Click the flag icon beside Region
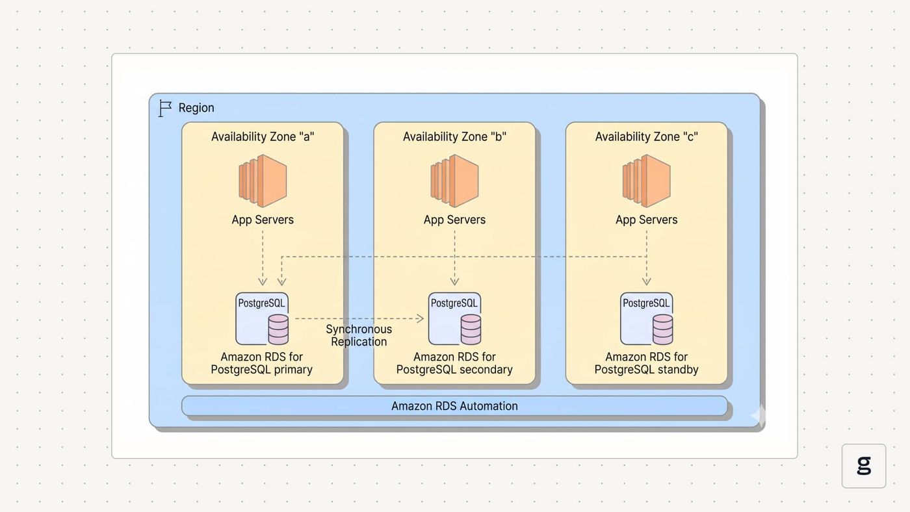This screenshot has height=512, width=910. point(164,109)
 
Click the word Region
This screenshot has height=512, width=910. point(196,108)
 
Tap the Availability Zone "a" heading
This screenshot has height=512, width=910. point(263,137)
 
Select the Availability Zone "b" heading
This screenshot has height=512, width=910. point(454,137)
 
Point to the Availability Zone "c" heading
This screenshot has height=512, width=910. point(646,137)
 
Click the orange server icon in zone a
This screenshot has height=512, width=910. point(263,181)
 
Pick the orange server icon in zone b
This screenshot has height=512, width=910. point(454,181)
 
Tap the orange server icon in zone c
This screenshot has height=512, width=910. point(646,181)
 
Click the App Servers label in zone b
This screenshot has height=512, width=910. point(454,220)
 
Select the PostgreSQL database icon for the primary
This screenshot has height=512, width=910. point(262,319)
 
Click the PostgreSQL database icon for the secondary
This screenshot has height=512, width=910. point(454,319)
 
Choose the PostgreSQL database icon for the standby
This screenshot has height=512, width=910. point(646,319)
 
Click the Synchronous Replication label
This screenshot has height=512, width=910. point(359,335)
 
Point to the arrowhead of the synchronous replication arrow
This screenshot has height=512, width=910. point(421,318)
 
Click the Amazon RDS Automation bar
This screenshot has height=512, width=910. point(454,406)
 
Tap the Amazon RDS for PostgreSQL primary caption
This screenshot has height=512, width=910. point(261,363)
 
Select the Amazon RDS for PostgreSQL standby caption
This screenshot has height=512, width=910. point(646,363)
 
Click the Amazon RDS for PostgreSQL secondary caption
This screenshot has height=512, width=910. point(454,363)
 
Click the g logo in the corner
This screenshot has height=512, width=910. point(864,466)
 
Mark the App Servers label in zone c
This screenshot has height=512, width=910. point(646,220)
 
